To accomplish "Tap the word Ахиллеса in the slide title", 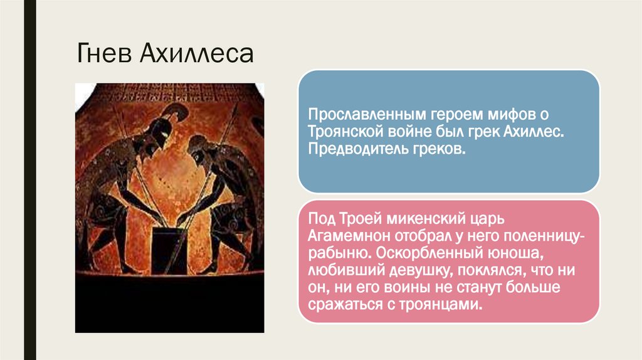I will pyautogui.click(x=196, y=54).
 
